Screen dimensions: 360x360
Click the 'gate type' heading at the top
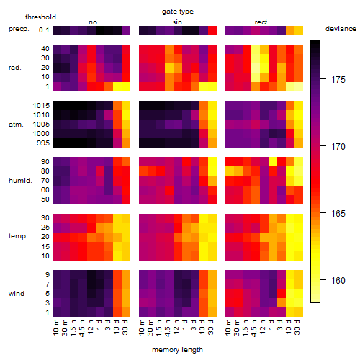[x=178, y=12]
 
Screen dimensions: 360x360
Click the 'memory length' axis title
[x=177, y=350]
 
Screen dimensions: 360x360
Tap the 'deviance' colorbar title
[x=341, y=29]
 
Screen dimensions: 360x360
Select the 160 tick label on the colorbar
[x=338, y=280]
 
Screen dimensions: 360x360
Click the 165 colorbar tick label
[x=338, y=214]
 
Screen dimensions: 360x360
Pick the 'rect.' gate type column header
[x=261, y=22]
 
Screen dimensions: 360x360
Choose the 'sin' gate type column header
[x=177, y=22]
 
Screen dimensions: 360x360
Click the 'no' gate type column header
[x=93, y=22]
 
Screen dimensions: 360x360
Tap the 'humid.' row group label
[x=20, y=181]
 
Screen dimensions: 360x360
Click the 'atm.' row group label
[x=16, y=125]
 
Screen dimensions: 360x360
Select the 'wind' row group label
[x=17, y=294]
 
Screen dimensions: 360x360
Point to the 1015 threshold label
[x=41, y=106]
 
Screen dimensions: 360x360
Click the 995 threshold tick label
[x=43, y=143]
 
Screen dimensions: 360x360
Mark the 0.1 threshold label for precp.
[x=44, y=30]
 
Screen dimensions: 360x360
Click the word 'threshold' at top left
[x=40, y=17]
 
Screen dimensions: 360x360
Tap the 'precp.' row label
[x=19, y=29]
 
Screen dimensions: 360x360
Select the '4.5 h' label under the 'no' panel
[x=82, y=328]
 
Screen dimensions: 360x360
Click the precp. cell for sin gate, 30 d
[x=212, y=30]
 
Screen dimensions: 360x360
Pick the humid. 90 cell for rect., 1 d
[x=273, y=162]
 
